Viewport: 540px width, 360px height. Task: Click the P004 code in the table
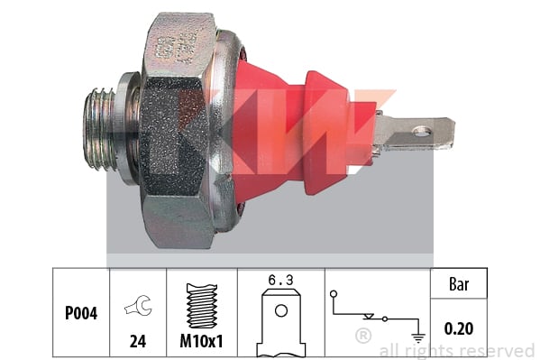point(81,313)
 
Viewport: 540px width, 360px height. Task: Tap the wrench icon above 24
point(139,305)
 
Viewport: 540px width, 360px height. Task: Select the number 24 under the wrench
point(138,341)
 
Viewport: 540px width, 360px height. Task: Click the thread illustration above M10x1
point(202,306)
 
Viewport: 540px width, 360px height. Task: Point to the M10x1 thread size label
point(201,341)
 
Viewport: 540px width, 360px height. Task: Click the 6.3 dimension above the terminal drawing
point(280,280)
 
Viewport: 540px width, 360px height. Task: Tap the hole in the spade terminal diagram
point(281,310)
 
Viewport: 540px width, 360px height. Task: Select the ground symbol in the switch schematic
point(418,338)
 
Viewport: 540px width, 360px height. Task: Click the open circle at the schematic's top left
point(333,294)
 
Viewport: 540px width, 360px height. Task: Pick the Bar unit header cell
point(459,284)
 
